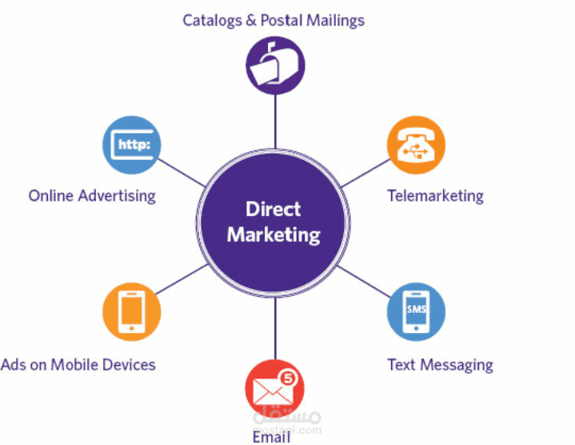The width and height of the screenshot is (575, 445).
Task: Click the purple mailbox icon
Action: point(274,66)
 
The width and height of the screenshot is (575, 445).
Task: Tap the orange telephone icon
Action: point(416,145)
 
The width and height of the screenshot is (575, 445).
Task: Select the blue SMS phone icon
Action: point(416,313)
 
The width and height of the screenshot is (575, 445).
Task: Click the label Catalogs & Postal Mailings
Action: point(274,20)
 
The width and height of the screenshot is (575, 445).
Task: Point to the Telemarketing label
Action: point(435,195)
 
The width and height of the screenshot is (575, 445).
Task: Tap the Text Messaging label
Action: point(440,365)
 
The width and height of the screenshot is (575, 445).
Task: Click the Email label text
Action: point(271,437)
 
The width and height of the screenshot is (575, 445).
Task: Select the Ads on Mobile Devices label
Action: point(78,365)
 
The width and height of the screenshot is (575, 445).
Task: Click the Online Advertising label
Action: point(92,195)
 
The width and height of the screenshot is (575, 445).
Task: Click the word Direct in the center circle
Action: point(274,210)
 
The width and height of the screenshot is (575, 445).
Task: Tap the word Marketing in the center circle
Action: point(274,235)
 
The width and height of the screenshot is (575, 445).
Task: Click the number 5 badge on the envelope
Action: point(289,376)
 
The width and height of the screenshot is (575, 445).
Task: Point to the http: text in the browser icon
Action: point(132,145)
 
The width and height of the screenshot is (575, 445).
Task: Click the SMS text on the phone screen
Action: point(416,309)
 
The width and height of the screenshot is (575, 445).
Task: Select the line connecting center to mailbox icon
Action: point(274,120)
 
